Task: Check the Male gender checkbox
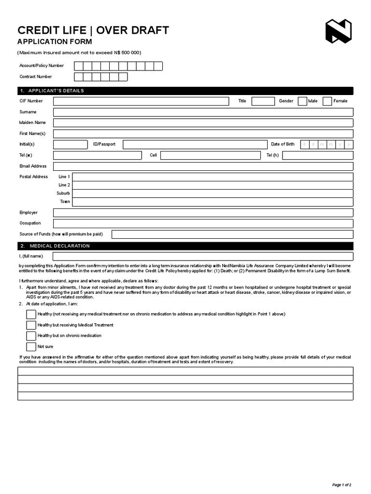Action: [302, 101]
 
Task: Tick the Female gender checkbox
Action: [327, 101]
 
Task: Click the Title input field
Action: [263, 101]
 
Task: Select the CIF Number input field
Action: [141, 101]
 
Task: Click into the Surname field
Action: [203, 112]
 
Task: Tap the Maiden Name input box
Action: [203, 123]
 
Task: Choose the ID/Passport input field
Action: [195, 144]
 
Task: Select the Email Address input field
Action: [203, 166]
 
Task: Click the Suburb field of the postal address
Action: [213, 193]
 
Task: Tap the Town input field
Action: [213, 202]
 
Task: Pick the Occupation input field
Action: [203, 223]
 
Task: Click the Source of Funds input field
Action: [232, 234]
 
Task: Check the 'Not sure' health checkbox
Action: [31, 346]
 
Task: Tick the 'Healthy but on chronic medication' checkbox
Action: [31, 336]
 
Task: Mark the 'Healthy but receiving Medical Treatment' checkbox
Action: [31, 325]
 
